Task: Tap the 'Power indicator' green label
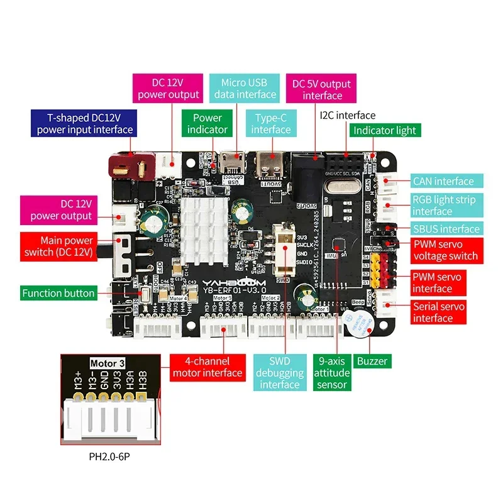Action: coord(207,123)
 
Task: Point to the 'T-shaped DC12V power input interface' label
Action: coord(85,123)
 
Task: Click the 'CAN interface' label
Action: coord(443,181)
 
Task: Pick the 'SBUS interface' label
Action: coord(446,229)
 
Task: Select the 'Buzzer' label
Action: coord(371,361)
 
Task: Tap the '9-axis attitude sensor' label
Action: coord(332,373)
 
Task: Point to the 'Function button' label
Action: coord(58,293)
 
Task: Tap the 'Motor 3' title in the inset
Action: coord(108,363)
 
